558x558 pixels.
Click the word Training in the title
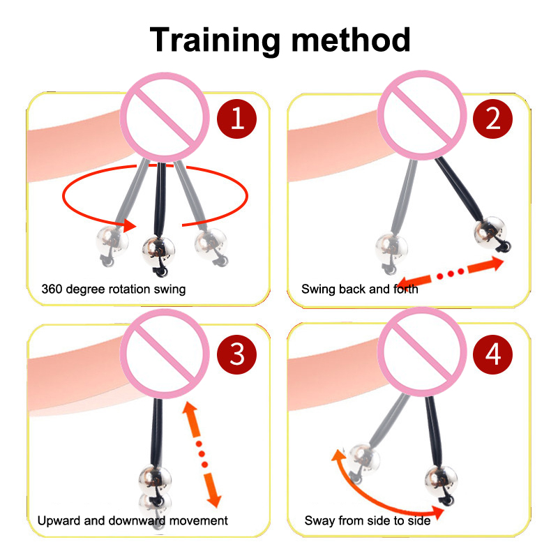click(x=215, y=40)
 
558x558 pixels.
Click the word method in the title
click(x=351, y=40)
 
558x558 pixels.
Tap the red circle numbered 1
click(x=236, y=119)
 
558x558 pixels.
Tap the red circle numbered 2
click(x=492, y=119)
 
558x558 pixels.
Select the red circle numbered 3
click(x=236, y=354)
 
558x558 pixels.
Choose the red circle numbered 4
click(x=492, y=354)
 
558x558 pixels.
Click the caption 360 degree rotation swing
click(x=114, y=289)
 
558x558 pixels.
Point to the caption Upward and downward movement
click(x=133, y=520)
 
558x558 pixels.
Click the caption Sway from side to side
click(x=368, y=520)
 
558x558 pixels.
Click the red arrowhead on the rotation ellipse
click(x=130, y=225)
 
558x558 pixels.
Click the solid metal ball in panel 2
click(x=490, y=232)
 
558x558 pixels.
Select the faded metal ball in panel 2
click(x=391, y=249)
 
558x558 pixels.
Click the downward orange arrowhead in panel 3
click(x=215, y=501)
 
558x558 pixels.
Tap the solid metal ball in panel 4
click(x=442, y=481)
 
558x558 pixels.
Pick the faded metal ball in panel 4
click(x=363, y=460)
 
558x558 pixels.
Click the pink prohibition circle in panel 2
click(x=422, y=115)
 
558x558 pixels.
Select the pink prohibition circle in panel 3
click(x=165, y=354)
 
